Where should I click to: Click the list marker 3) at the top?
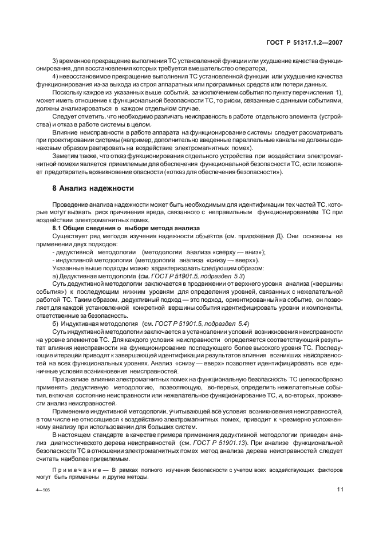(x=56, y=60)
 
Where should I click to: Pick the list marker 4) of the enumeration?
(x=56, y=76)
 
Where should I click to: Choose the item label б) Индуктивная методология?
(x=86, y=324)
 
